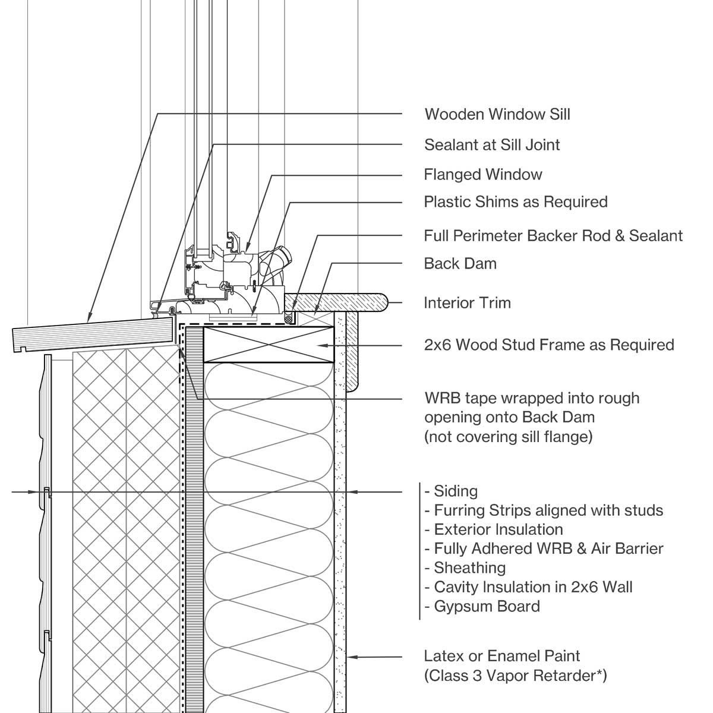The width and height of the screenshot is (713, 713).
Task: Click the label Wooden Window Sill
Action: pyautogui.click(x=497, y=114)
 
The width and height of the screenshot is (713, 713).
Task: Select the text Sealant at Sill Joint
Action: pyautogui.click(x=492, y=145)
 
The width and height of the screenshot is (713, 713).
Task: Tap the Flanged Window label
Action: pyautogui.click(x=482, y=175)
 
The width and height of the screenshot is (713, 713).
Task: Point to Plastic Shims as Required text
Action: pyautogui.click(x=515, y=202)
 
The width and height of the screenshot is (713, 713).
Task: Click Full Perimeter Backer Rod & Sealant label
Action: pyautogui.click(x=553, y=236)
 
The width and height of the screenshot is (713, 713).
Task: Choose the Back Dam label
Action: pyautogui.click(x=460, y=264)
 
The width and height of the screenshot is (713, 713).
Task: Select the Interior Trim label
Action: pyautogui.click(x=467, y=303)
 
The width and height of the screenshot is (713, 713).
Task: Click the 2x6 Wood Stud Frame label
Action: pyautogui.click(x=548, y=345)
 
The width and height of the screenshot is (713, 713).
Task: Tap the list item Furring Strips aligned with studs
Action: pyautogui.click(x=548, y=510)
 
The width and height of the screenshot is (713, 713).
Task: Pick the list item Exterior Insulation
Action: pyautogui.click(x=498, y=529)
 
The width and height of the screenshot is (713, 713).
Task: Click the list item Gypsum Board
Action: pyautogui.click(x=487, y=607)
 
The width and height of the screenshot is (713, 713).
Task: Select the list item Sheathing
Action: pyautogui.click(x=469, y=568)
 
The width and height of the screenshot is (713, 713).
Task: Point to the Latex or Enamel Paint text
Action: pyautogui.click(x=501, y=657)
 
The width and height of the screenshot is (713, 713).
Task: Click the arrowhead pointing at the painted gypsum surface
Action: pyautogui.click(x=353, y=657)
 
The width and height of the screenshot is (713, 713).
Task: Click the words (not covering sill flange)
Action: pyautogui.click(x=508, y=437)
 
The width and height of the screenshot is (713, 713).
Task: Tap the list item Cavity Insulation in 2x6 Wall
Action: pyautogui.click(x=533, y=588)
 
